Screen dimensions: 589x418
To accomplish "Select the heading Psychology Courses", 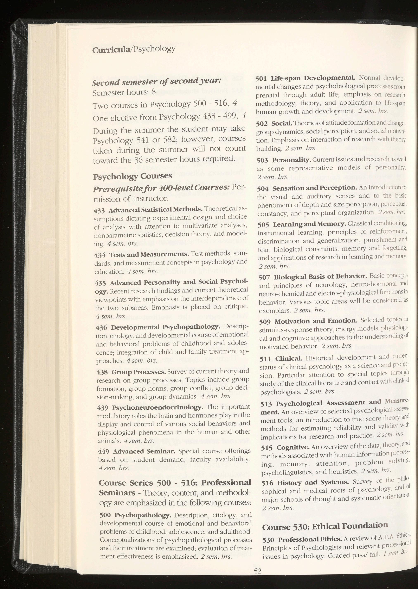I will [x=132, y=176].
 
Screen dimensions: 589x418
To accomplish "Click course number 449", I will [x=104, y=451].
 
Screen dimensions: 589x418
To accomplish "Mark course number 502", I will [x=262, y=123].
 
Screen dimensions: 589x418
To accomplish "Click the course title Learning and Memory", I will [x=310, y=224].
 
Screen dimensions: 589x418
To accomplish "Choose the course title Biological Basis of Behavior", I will [x=320, y=277].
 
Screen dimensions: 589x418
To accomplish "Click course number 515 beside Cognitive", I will [x=267, y=448].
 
